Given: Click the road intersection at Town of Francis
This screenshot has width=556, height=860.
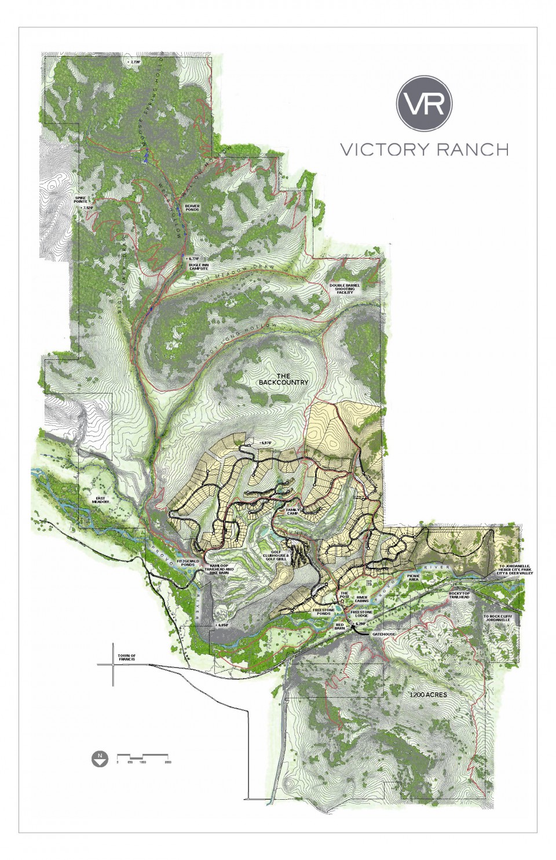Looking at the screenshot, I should point(114,665).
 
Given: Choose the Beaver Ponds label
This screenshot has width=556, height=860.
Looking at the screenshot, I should point(192,207).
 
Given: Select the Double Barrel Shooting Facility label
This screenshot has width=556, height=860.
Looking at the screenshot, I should point(346,289).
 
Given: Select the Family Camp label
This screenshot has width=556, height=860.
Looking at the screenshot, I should point(297,512).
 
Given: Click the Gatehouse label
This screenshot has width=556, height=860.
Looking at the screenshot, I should point(383,634).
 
